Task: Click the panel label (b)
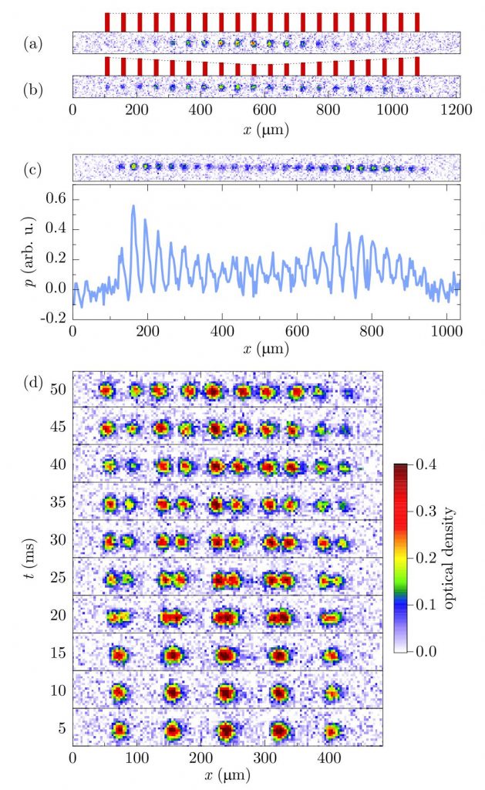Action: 33,86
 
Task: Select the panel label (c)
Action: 33,167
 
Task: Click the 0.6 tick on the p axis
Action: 53,199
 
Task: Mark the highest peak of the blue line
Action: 133,206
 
